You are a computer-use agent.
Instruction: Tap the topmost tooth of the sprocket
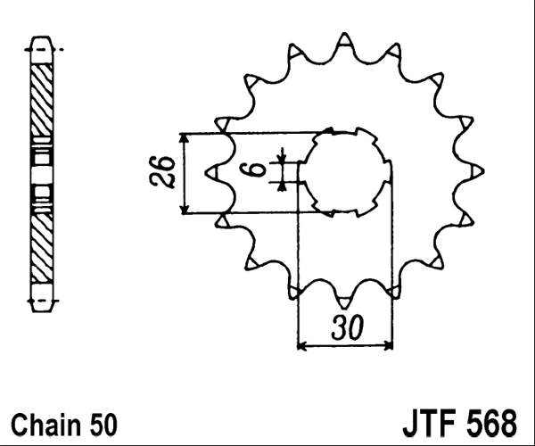(x=344, y=39)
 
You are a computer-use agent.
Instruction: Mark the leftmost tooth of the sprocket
(x=211, y=169)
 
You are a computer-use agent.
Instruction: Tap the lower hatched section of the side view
(x=42, y=241)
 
